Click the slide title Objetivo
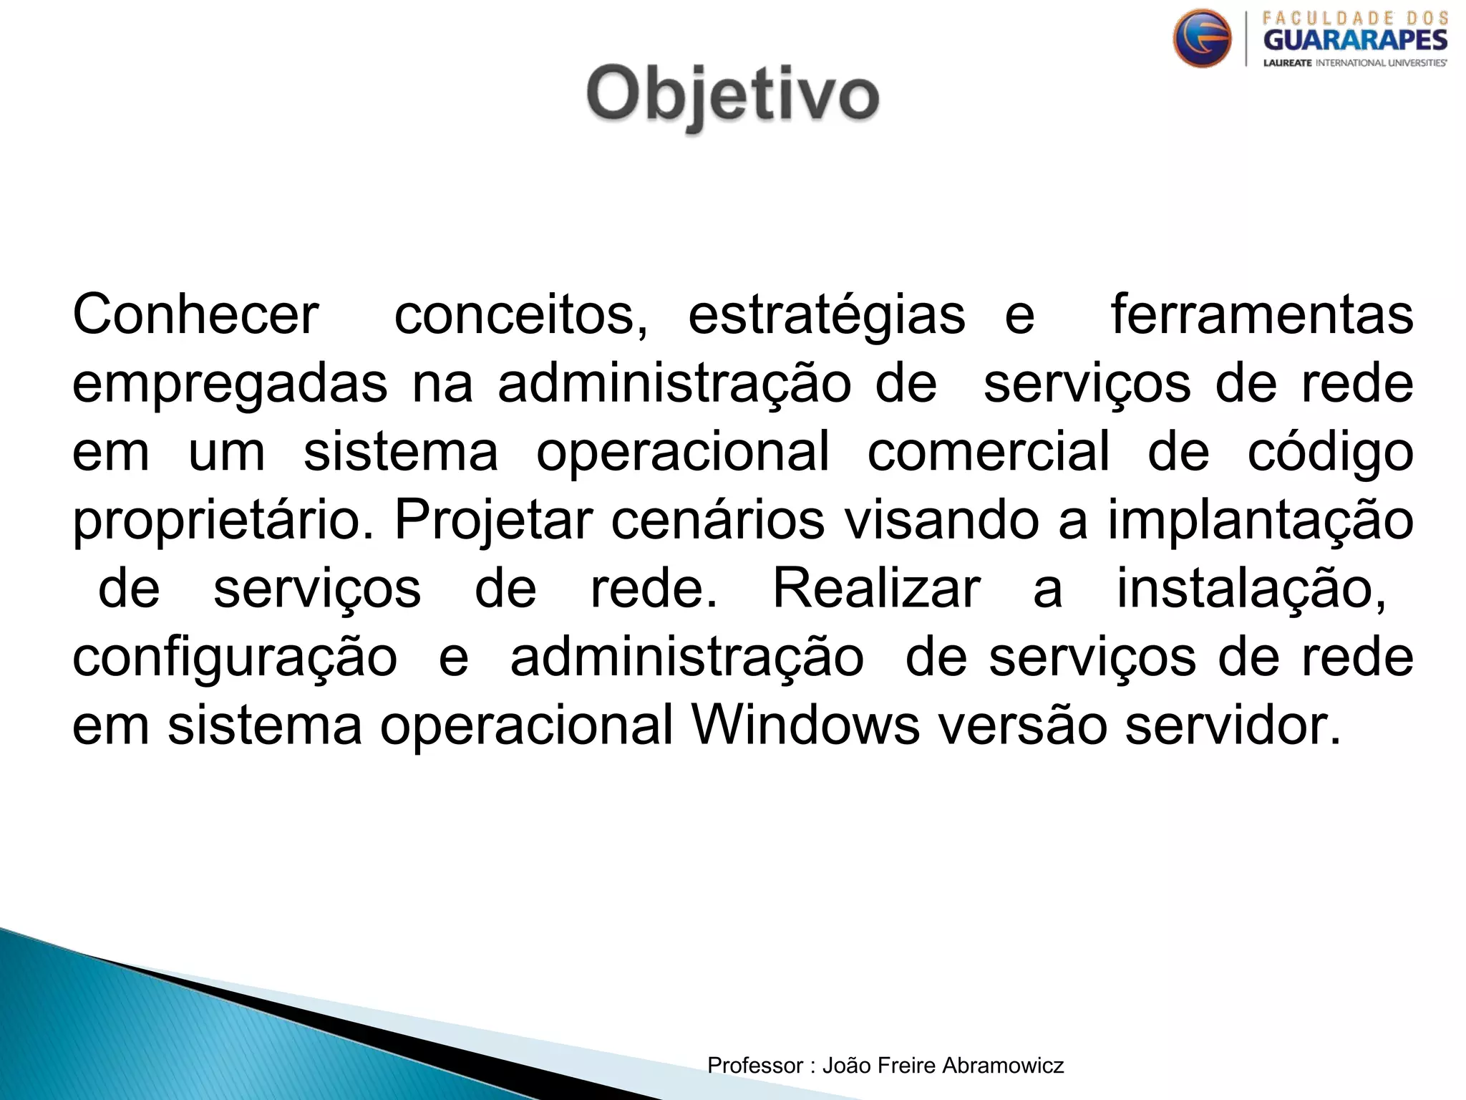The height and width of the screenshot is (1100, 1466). [x=732, y=95]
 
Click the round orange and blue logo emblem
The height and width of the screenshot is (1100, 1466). [x=1202, y=39]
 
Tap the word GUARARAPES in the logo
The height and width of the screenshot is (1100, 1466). [x=1354, y=40]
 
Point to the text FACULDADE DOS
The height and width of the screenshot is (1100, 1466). [x=1355, y=18]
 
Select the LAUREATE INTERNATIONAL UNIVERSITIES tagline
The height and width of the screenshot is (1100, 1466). [x=1354, y=63]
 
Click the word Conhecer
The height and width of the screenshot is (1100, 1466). [x=195, y=315]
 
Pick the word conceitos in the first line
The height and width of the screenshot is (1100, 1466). [x=520, y=315]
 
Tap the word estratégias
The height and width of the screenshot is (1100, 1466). [x=826, y=315]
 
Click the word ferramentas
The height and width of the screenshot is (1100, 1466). [x=1261, y=315]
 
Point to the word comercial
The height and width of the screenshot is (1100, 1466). [x=988, y=452]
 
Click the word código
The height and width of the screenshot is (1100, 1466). [x=1330, y=452]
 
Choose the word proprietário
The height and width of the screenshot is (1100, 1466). [x=223, y=521]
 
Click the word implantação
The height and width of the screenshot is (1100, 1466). [x=1260, y=521]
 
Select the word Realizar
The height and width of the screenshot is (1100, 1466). [x=876, y=589]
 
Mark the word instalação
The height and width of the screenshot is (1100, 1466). [x=1251, y=589]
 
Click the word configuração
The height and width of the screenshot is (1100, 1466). [x=235, y=658]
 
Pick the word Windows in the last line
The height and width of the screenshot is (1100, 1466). [x=805, y=725]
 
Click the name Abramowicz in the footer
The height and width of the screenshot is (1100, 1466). [x=1003, y=1066]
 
